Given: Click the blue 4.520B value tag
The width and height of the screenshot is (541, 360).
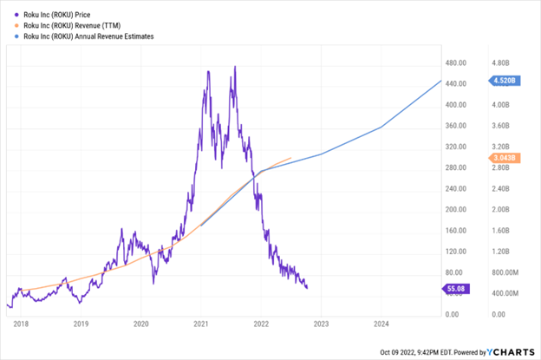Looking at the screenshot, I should pyautogui.click(x=504, y=81).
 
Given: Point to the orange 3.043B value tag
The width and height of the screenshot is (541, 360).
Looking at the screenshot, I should pyautogui.click(x=504, y=158).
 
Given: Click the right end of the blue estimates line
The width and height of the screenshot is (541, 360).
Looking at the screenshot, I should pyautogui.click(x=440, y=82).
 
